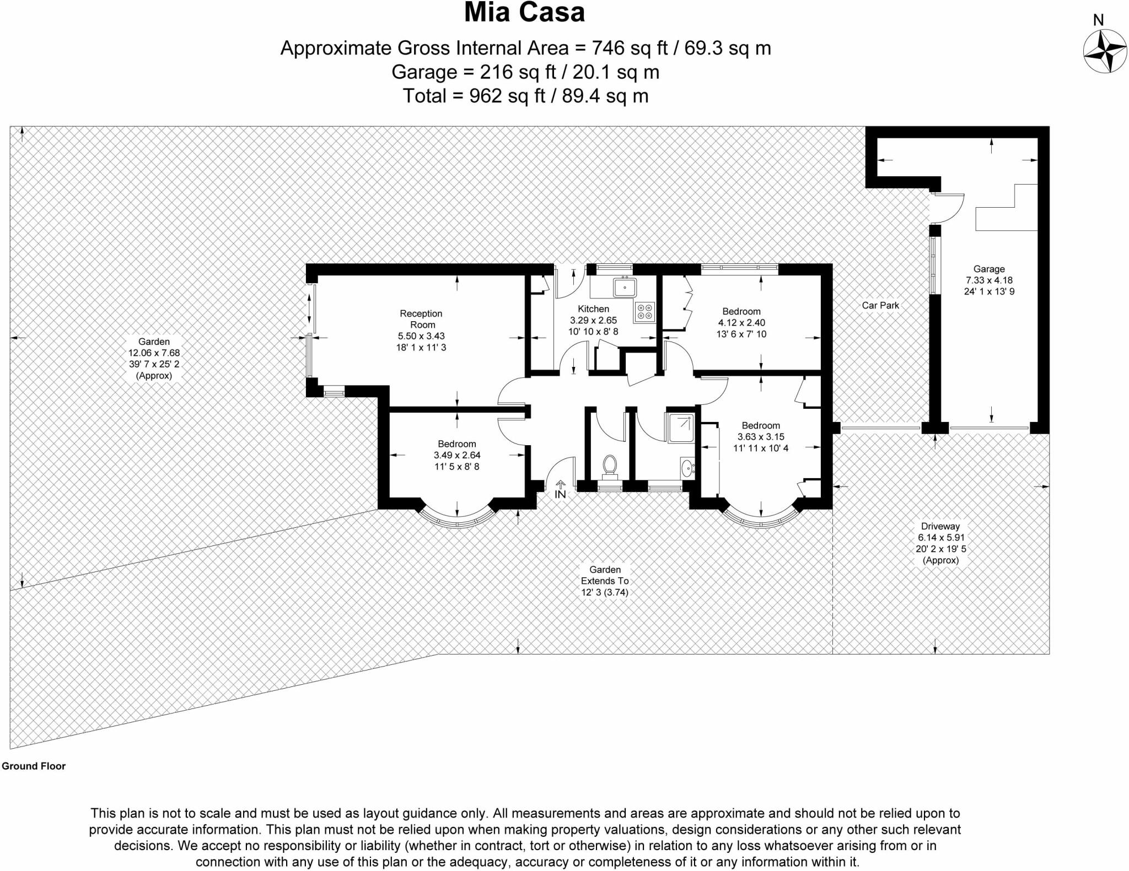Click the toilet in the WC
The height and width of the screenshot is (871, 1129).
click(x=609, y=465)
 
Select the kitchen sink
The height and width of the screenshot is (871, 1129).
click(x=625, y=287)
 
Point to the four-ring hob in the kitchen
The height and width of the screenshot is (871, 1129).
click(x=644, y=312)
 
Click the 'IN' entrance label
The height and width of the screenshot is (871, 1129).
click(x=560, y=494)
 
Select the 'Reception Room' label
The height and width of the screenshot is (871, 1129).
click(x=421, y=319)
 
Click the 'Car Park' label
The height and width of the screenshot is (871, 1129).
click(x=880, y=305)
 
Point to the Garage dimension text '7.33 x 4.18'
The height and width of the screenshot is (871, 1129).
click(x=989, y=280)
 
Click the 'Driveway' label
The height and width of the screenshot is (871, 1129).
click(x=940, y=526)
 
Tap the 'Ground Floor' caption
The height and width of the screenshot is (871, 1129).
click(x=34, y=766)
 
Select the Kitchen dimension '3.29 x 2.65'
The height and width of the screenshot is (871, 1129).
click(x=593, y=320)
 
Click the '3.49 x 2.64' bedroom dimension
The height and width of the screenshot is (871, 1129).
click(x=457, y=455)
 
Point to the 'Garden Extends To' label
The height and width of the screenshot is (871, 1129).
click(x=605, y=575)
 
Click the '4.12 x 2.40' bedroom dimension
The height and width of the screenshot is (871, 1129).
click(x=741, y=323)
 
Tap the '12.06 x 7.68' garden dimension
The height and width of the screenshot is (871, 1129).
click(x=154, y=353)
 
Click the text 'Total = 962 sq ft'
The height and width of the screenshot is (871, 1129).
click(x=474, y=96)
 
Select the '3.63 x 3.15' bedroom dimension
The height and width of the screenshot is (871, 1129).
click(x=761, y=437)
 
